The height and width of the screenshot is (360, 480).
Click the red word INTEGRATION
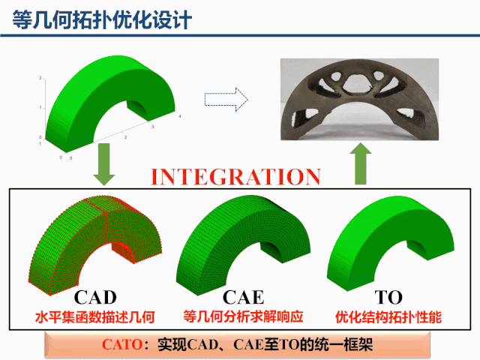(236, 177)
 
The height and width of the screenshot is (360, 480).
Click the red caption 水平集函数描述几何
(95, 317)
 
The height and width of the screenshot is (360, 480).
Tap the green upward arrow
(361, 164)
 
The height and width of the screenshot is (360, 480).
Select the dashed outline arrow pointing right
(226, 98)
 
